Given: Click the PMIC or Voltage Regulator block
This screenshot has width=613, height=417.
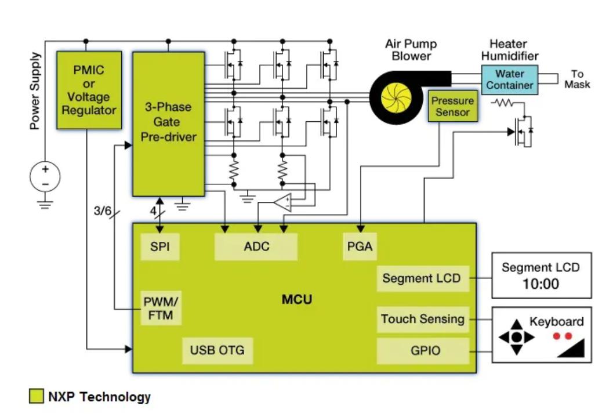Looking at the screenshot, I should pos(89,90).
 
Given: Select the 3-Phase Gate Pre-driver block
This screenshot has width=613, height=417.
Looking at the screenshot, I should pos(168,123).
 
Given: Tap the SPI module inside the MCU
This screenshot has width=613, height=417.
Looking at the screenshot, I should pos(159,246).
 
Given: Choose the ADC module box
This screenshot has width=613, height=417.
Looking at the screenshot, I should pos(256,246).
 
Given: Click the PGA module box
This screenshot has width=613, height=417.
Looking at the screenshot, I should pos(359,246).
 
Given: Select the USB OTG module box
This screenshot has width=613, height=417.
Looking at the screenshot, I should pos(217,350).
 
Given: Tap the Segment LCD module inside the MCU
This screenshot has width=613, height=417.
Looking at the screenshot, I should pos(422,278).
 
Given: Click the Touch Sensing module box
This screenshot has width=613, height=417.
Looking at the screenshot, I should pos(422,319).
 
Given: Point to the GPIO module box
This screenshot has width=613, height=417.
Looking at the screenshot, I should pos(422,351).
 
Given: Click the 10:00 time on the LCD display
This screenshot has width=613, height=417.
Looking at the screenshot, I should pos(541,284).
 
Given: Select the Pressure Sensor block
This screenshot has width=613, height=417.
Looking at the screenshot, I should pos(452,107).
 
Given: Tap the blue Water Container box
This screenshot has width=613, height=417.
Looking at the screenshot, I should pos(509,79).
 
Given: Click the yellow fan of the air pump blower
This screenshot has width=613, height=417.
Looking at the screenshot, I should pos(395,99).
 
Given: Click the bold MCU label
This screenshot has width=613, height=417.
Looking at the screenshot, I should pos(296,299).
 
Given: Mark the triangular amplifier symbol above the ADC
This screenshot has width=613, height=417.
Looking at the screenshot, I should pos(282,202).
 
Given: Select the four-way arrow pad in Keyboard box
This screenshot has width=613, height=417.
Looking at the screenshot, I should pos(514,336).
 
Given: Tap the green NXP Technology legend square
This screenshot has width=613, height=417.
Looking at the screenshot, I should pos(36,397).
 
